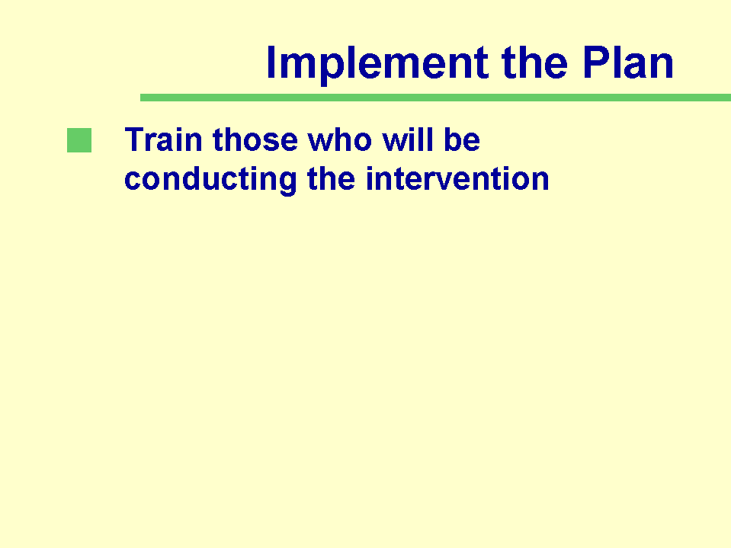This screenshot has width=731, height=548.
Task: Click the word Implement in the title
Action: pos(377,63)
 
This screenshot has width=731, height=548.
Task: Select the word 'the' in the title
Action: pos(534,62)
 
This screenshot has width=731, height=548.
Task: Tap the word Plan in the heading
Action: pos(628,62)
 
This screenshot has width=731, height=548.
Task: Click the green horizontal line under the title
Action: pos(435,98)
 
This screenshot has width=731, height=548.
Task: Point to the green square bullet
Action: pos(79,140)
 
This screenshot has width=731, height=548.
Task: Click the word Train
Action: pos(163,139)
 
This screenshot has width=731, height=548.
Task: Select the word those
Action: pos(255,139)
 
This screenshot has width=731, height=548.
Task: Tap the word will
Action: pos(407,139)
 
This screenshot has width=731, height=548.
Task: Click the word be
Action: pos(462,139)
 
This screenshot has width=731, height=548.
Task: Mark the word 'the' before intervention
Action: pos(331,178)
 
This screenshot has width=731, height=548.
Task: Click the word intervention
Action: pos(457,178)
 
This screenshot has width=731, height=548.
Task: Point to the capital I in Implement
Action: pos(271,62)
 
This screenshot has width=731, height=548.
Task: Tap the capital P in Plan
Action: pos(596,62)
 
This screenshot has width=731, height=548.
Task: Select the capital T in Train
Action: pos(136,139)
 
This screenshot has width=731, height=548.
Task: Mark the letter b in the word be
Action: pos(453,139)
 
